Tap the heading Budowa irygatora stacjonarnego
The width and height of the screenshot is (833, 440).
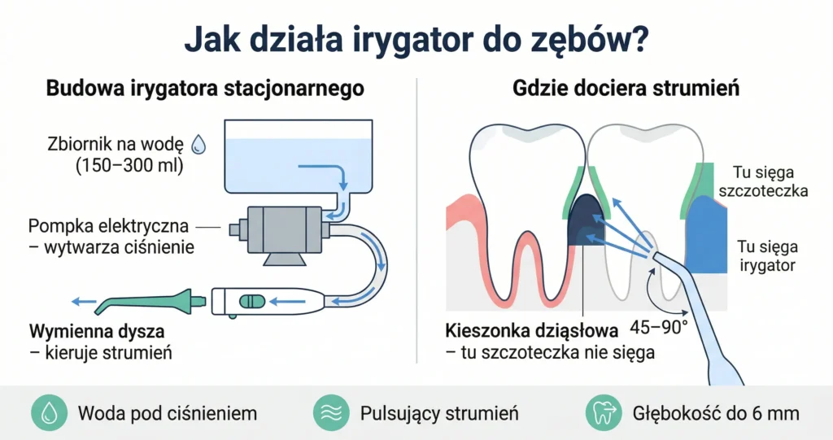[205, 88]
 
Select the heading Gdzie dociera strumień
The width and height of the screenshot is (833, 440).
[626, 88]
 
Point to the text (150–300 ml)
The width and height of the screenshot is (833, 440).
[129, 166]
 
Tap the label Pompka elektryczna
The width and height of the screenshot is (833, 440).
[108, 226]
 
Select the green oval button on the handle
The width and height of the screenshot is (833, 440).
[252, 302]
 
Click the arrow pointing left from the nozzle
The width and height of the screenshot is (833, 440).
[84, 302]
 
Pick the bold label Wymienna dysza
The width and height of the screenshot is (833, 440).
[97, 331]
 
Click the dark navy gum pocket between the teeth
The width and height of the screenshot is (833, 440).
[587, 220]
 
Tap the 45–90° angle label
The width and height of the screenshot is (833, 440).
[659, 327]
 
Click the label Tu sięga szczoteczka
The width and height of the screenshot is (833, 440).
[763, 181]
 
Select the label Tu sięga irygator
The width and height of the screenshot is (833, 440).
[768, 255]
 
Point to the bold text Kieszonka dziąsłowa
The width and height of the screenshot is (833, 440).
[532, 331]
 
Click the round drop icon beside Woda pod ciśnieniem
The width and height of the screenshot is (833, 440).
[50, 413]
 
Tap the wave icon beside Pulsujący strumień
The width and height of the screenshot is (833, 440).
[331, 413]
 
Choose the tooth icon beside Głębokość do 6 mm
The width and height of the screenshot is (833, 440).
[604, 413]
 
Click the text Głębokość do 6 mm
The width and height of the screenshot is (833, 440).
[716, 413]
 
